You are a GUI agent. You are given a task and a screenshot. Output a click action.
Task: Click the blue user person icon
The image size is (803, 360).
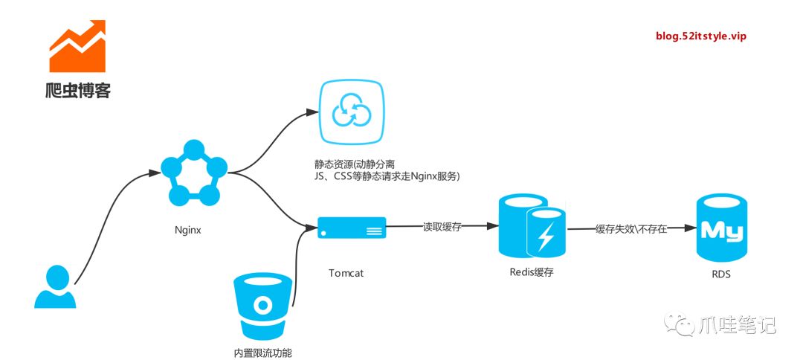pyautogui.click(x=55, y=287)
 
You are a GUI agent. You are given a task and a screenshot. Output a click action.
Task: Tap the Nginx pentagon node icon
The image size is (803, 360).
pyautogui.click(x=193, y=173)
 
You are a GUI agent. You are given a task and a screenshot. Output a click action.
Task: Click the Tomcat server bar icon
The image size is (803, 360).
pyautogui.click(x=352, y=228)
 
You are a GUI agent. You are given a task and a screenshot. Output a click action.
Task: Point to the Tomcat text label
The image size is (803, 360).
pyautogui.click(x=346, y=273)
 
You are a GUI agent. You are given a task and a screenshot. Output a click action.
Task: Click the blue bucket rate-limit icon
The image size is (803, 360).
pyautogui.click(x=262, y=305)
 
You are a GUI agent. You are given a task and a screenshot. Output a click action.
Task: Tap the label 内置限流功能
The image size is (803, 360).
pyautogui.click(x=262, y=352)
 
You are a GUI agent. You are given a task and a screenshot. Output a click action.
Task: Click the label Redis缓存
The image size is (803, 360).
pyautogui.click(x=531, y=272)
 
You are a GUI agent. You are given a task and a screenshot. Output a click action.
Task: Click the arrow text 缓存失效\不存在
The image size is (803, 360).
pyautogui.click(x=631, y=229)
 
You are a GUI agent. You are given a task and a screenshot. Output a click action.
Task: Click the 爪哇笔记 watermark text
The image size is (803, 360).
pyautogui.click(x=737, y=324)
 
